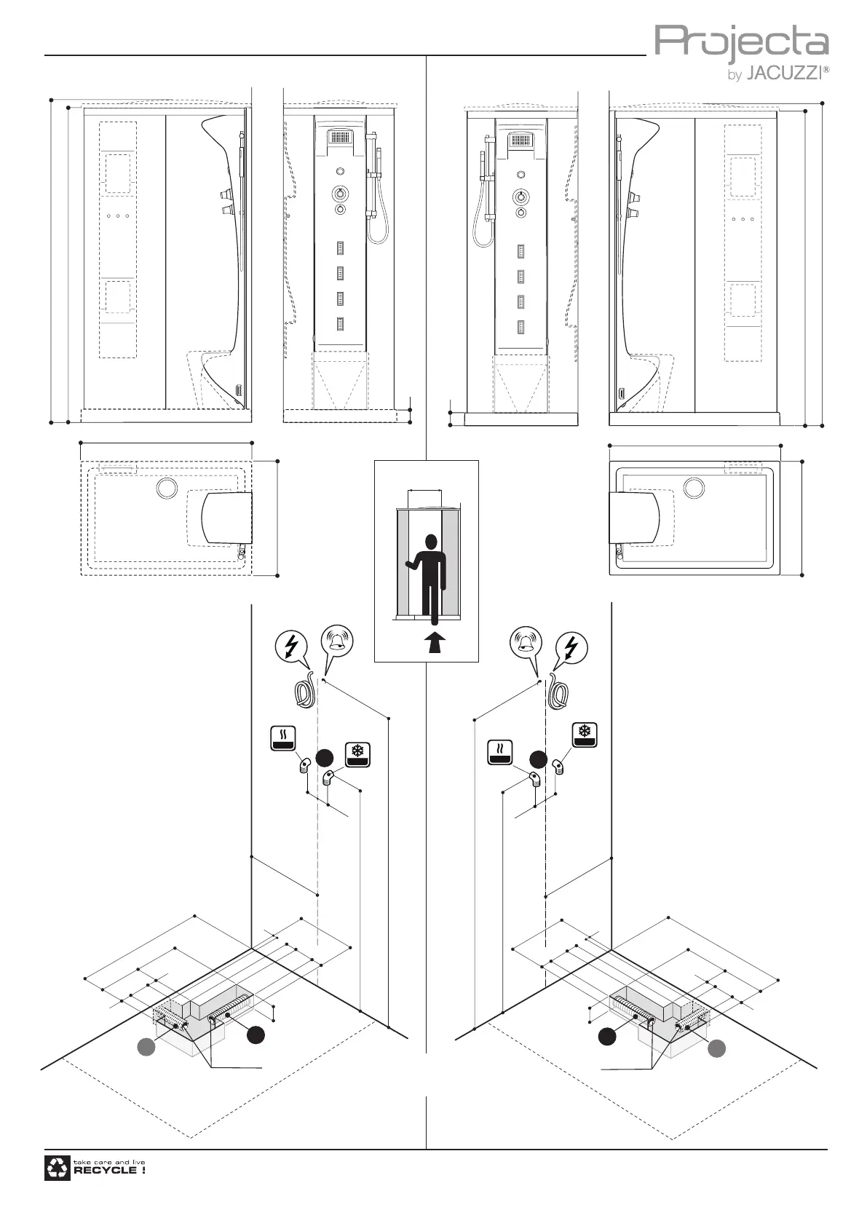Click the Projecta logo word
[741, 43]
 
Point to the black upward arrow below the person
[435, 643]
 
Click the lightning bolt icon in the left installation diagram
[292, 646]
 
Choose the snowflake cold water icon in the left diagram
[357, 755]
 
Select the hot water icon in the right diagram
[500, 752]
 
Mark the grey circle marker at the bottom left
[146, 1047]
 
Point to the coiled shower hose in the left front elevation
[376, 229]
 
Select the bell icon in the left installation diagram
[338, 643]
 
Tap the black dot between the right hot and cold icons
[538, 759]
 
